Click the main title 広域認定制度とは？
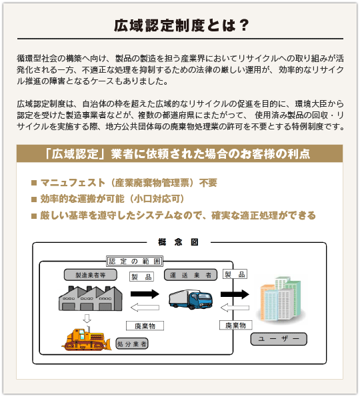[x=181, y=25]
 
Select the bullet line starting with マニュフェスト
[x=124, y=183]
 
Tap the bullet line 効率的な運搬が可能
[x=108, y=199]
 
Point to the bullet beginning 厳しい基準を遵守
[x=173, y=216]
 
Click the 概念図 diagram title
[x=179, y=242]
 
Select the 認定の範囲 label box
[x=135, y=261]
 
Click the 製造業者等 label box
[x=90, y=275]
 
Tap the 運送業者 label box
[x=191, y=275]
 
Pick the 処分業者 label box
[x=132, y=344]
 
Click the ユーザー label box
[x=279, y=339]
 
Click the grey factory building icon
[x=90, y=298]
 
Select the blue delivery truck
[x=191, y=300]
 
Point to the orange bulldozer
[x=87, y=339]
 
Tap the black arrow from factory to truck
[x=145, y=294]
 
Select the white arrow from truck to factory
[x=145, y=308]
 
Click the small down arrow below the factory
[x=87, y=318]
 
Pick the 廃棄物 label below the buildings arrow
[x=235, y=325]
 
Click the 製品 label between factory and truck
[x=141, y=277]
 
